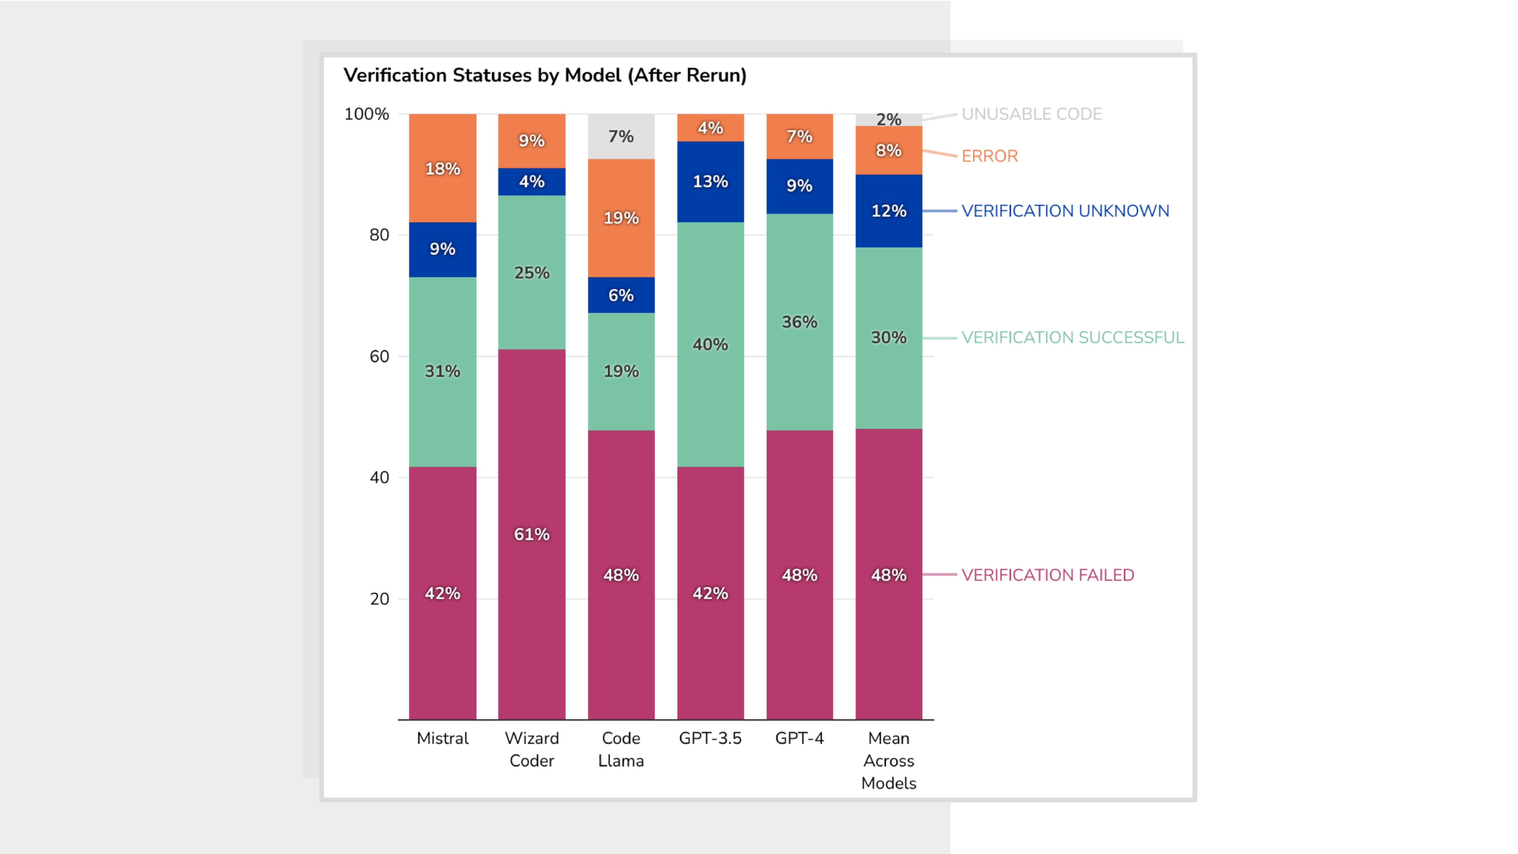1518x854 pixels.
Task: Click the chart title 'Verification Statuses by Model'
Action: tap(544, 75)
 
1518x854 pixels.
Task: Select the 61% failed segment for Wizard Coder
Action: tap(532, 534)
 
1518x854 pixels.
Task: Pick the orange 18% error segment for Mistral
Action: tap(443, 169)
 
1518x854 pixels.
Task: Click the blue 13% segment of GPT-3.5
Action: tap(710, 182)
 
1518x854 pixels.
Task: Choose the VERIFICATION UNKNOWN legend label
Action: tap(1065, 211)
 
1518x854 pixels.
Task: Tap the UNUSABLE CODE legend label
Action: tap(1031, 114)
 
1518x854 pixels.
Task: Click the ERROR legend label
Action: tap(989, 156)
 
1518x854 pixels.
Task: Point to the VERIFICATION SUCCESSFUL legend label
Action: tap(1073, 338)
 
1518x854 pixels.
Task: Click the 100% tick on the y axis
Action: tap(366, 114)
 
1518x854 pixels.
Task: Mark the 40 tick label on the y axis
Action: tap(379, 477)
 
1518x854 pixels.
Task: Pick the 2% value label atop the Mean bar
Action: tap(889, 120)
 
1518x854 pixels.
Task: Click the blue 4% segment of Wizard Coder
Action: tap(532, 182)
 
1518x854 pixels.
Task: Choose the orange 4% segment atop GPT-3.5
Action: tap(710, 128)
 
